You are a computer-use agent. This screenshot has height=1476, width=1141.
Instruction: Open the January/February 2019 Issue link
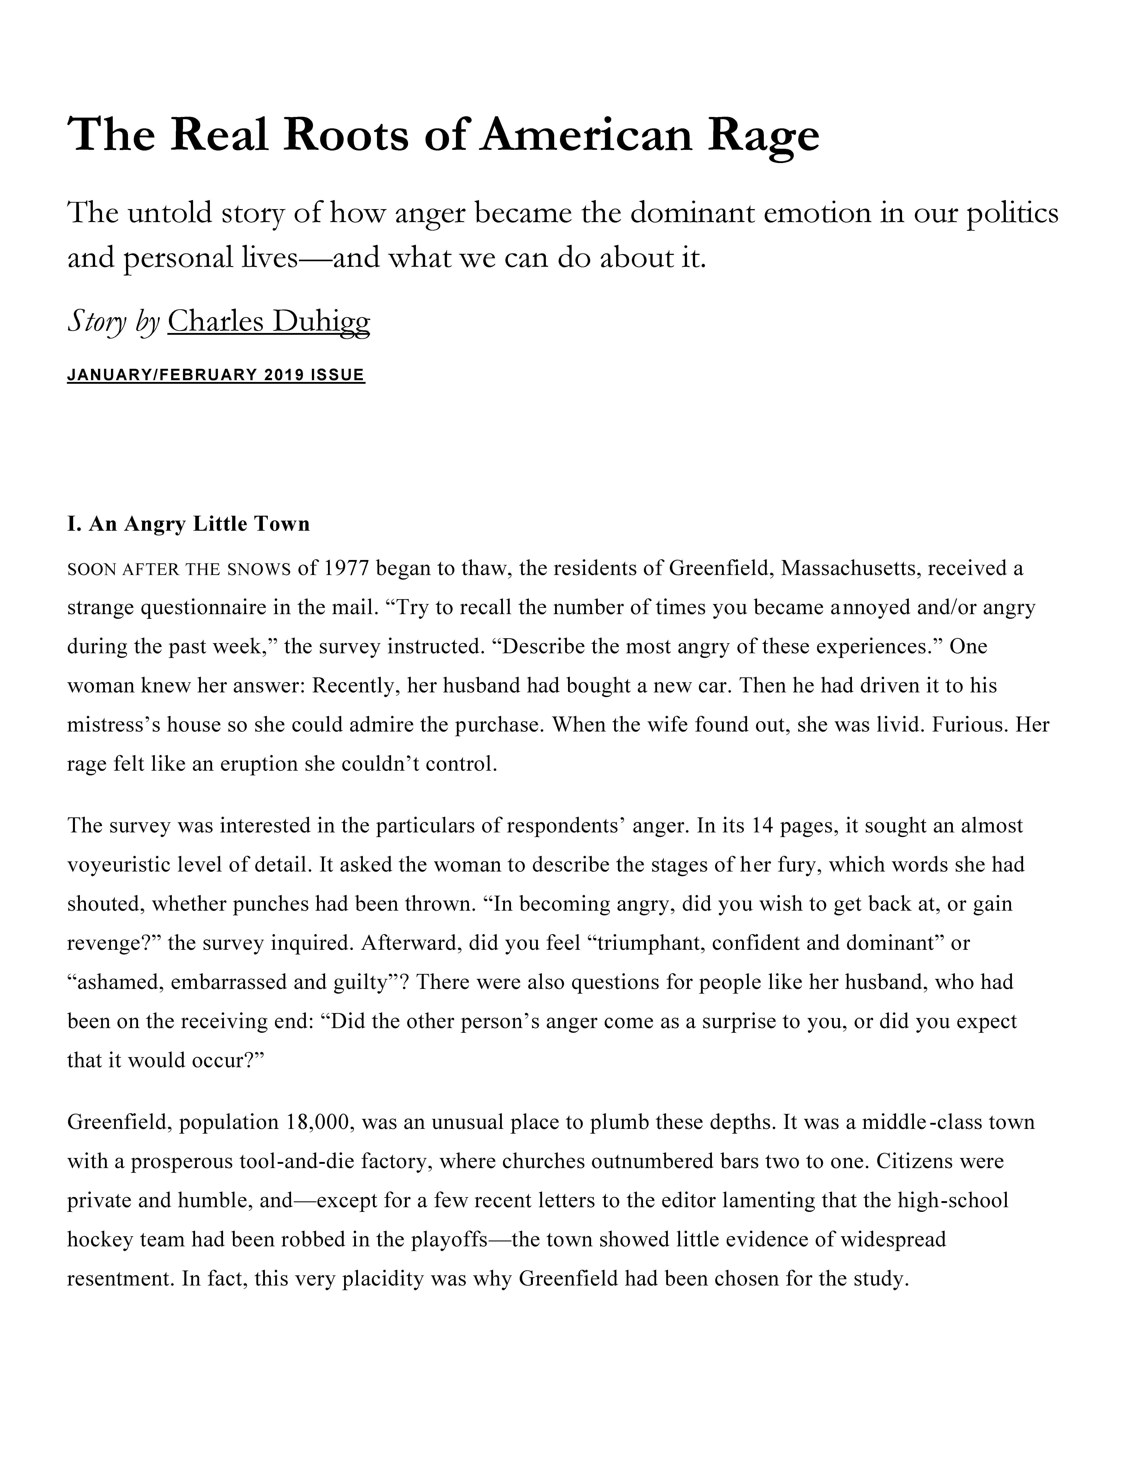(216, 375)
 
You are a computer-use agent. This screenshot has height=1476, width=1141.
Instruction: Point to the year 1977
(345, 568)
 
